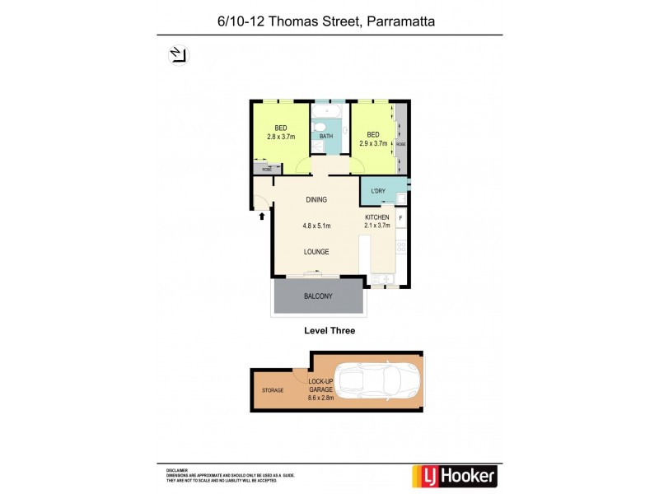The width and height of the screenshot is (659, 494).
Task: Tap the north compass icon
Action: click(x=179, y=55)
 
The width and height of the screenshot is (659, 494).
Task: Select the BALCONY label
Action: click(x=318, y=296)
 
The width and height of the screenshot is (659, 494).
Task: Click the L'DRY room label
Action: click(x=378, y=192)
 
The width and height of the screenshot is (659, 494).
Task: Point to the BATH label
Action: click(x=326, y=137)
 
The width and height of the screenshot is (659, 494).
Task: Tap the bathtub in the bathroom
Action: click(x=329, y=112)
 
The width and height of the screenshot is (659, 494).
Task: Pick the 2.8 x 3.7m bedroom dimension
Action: click(x=281, y=137)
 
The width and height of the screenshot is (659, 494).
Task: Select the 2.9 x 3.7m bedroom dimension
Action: click(x=373, y=143)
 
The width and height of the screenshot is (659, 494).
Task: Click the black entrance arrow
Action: click(x=262, y=216)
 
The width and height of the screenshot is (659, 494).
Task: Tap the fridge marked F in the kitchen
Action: click(x=401, y=218)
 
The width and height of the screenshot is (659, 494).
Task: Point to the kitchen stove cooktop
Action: click(x=401, y=246)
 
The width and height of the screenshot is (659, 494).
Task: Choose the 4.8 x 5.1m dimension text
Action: click(x=316, y=226)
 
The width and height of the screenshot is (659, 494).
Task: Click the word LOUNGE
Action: click(x=316, y=252)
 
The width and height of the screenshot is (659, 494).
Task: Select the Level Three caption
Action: click(x=329, y=330)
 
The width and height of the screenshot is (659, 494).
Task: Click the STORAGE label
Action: click(x=273, y=390)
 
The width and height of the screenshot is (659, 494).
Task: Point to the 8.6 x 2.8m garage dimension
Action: click(x=321, y=397)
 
